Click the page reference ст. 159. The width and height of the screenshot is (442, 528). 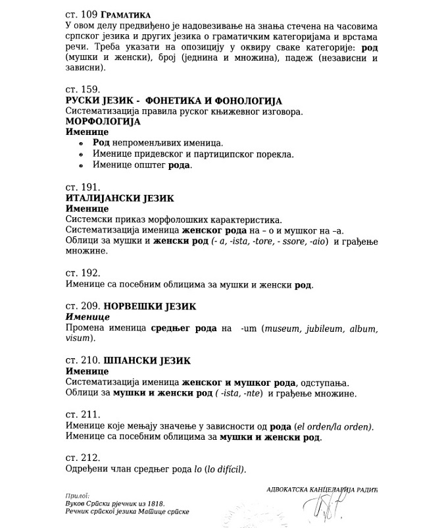[83, 88]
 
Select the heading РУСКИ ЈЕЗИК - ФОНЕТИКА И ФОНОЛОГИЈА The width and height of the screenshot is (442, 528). [174, 101]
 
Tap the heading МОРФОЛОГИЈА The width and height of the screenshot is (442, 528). [103, 122]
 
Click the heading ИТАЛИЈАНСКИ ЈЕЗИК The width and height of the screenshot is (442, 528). [120, 198]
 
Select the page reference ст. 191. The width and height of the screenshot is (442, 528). [83, 186]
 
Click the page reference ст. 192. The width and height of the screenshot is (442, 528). [83, 273]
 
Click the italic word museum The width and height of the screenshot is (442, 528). [280, 328]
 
